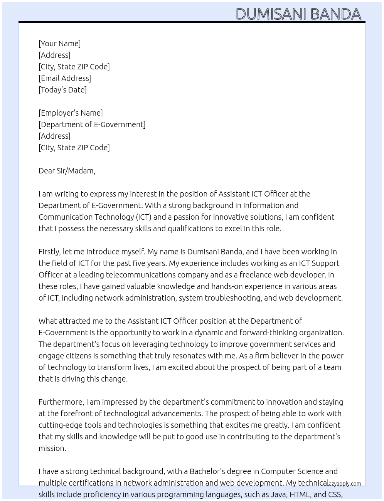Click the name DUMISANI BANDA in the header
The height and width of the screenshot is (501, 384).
(x=298, y=14)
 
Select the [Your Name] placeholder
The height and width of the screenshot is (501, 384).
(x=59, y=44)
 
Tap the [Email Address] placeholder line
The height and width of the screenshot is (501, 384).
(x=65, y=78)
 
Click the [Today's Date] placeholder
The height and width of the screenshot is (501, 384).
(x=62, y=90)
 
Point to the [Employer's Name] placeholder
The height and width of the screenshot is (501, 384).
(x=71, y=113)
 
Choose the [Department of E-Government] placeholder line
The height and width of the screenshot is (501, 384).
(x=92, y=124)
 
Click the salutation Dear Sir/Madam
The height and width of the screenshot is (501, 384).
(x=67, y=171)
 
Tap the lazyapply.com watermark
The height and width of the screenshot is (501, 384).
(x=344, y=484)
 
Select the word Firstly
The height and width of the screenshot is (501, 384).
(x=49, y=252)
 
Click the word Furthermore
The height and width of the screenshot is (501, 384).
(x=61, y=402)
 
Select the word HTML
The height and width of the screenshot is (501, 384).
(x=300, y=494)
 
